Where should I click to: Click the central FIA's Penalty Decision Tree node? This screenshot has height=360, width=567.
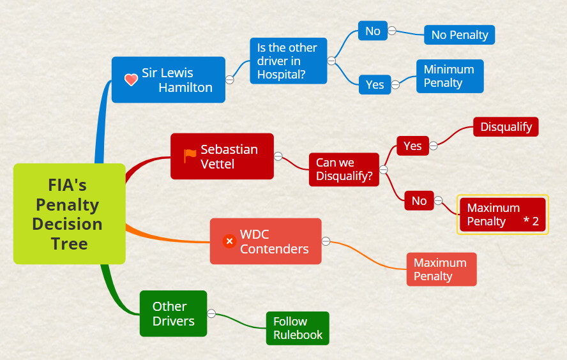(69, 214)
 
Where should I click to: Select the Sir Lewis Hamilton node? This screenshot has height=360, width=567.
(169, 80)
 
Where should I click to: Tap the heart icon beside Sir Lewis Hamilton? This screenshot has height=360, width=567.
(131, 80)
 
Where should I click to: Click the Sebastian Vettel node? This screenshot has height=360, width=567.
(222, 156)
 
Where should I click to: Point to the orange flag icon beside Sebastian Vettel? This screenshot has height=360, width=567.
(190, 156)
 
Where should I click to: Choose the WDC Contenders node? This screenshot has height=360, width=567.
(266, 241)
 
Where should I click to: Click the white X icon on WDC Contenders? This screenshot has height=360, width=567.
(229, 241)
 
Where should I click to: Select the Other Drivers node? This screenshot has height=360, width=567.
(173, 313)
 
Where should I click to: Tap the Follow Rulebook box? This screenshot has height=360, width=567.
(298, 328)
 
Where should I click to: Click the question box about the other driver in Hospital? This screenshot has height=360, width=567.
(288, 61)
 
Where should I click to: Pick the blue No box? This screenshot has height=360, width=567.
(373, 31)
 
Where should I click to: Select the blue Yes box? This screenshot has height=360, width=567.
(375, 84)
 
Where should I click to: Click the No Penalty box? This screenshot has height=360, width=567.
(459, 35)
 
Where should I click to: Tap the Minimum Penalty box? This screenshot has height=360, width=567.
(450, 76)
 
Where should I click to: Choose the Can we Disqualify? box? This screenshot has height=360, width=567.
(344, 169)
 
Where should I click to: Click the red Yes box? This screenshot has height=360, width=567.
(412, 146)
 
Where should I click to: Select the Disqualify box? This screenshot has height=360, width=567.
(506, 126)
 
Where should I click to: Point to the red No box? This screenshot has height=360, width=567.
(419, 200)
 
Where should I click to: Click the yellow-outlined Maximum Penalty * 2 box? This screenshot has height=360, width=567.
(503, 214)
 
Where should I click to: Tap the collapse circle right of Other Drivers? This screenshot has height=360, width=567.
(211, 313)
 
